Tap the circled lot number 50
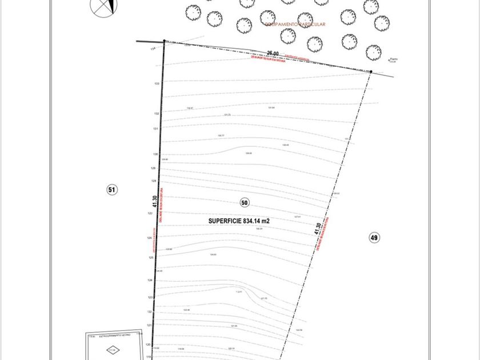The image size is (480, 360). [x=245, y=202]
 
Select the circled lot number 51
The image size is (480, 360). [x=112, y=190]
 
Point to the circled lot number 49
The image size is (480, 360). [x=374, y=238]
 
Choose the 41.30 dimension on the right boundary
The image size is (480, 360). [x=318, y=229]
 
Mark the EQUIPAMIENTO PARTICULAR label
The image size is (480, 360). [x=295, y=25]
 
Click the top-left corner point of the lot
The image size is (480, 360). [x=165, y=41]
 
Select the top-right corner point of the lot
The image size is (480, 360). [x=371, y=71]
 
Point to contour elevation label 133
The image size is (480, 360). [x=156, y=83]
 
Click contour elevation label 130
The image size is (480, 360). [x=155, y=154]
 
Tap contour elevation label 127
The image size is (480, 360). [x=150, y=213]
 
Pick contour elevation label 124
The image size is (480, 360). [x=150, y=281]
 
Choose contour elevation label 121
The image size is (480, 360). [x=149, y=325]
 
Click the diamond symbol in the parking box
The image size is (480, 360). [x=114, y=350]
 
